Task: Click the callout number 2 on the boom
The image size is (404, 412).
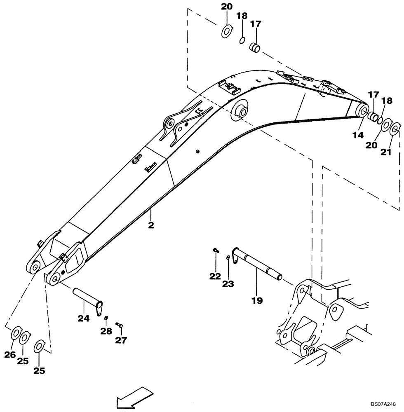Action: (x=151, y=225)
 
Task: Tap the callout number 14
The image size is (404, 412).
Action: (x=357, y=135)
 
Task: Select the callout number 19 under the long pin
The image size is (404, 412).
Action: (x=257, y=301)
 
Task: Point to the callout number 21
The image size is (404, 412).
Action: (x=385, y=152)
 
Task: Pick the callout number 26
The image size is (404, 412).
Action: (x=11, y=354)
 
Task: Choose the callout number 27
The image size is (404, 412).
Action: (x=121, y=340)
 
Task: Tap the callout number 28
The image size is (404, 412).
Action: (x=106, y=331)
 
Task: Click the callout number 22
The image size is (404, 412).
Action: (x=215, y=276)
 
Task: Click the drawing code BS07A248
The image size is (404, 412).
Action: (x=383, y=404)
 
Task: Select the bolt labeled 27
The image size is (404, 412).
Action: (x=120, y=325)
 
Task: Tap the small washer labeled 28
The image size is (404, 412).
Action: (x=106, y=318)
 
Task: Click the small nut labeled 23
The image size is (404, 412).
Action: (x=228, y=257)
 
